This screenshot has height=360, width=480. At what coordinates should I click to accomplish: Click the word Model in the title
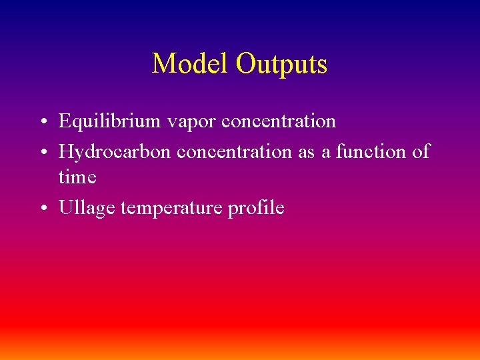pos(191,64)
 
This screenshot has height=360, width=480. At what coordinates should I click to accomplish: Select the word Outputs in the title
pos(281,65)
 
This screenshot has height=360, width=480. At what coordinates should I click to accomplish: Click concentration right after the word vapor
pos(278,122)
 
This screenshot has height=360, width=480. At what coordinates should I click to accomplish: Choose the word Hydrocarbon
pos(116,152)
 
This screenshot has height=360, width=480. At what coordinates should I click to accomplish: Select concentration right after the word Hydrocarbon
pos(235,152)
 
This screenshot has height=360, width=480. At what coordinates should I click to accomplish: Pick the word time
pos(77,177)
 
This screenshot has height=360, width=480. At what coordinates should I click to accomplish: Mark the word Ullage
pos(87,209)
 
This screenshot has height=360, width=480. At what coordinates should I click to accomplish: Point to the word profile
pos(256,209)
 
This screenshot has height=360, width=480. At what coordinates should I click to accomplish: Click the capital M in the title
pos(163,65)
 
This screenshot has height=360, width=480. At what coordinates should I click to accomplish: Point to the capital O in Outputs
pos(245,65)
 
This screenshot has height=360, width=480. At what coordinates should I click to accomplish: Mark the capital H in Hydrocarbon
pos(65,152)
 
